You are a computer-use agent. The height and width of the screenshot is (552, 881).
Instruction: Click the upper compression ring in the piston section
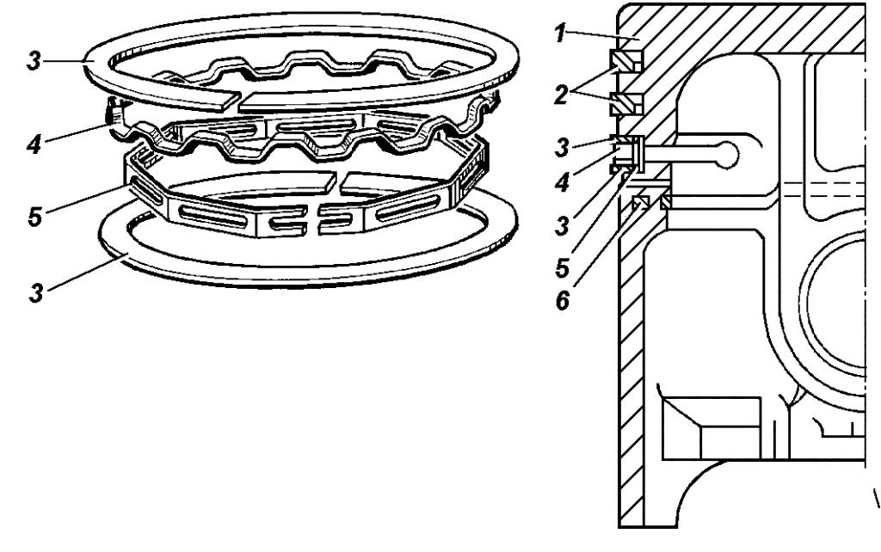click(625, 61)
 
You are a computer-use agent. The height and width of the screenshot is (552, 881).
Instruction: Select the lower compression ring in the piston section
click(625, 103)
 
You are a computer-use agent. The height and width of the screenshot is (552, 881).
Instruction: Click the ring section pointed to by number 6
click(639, 202)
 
